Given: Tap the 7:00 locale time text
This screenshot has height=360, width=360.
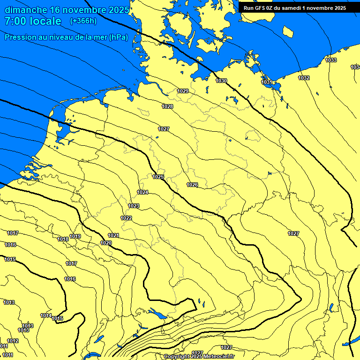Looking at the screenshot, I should coord(33,21).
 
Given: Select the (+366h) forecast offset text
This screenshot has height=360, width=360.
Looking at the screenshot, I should coord(83,21).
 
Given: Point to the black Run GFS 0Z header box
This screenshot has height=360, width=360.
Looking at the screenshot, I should coord(294,8).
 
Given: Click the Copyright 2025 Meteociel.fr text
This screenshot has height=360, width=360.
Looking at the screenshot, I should coord(199,357).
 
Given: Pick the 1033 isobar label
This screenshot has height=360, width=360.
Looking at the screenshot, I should coord(331,60).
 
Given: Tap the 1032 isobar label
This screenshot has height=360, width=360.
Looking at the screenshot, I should coord(304,78).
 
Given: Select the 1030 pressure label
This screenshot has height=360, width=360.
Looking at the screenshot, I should coord(221,81).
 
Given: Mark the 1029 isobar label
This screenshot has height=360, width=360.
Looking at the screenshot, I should coord(183,91).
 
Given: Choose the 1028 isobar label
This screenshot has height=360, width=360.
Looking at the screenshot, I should coord(167,107).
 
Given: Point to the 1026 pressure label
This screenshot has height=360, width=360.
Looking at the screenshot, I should coord(192,185).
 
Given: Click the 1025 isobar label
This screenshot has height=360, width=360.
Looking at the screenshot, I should coord(158,177).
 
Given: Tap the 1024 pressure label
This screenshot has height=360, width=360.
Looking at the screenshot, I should coord(142,193).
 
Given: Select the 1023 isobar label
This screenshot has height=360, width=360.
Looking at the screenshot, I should coord(134,206).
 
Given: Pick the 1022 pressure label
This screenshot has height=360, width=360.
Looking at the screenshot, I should coord(126,218).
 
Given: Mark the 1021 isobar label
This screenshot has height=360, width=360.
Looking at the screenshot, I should coord(113,235).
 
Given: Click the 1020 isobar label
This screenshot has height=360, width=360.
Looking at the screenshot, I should coord(106,243).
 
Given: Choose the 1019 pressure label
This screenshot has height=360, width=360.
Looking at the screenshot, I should coord(75,236).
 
